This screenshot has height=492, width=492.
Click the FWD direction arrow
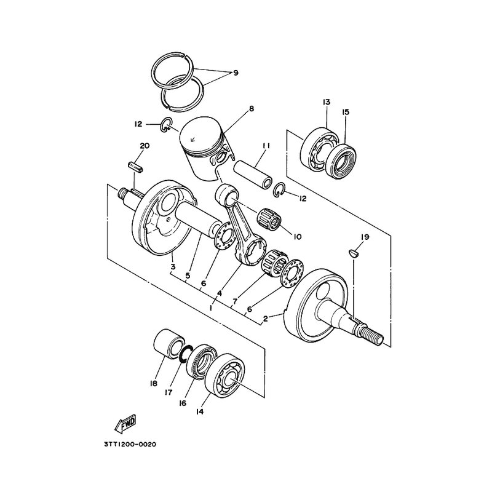[x=125, y=424]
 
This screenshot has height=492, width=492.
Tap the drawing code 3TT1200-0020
[x=130, y=444]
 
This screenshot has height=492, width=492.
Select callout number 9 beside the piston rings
[x=236, y=73]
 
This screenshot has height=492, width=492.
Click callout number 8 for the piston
[x=252, y=109]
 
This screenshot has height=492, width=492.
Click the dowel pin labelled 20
[x=136, y=167]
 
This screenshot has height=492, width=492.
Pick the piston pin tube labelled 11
[x=252, y=174]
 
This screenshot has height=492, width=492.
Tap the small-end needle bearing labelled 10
[x=270, y=219]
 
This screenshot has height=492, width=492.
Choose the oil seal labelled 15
[x=341, y=161]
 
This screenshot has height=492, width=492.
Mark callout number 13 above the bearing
[x=327, y=102]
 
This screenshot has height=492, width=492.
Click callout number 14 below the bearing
[x=199, y=411]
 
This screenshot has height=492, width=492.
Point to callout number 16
[x=183, y=403]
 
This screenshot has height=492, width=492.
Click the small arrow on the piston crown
[x=192, y=140]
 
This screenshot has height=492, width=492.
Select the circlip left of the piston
[x=166, y=125]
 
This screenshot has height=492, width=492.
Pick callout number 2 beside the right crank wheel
[x=266, y=319]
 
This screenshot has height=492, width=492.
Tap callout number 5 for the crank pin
[x=188, y=276]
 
